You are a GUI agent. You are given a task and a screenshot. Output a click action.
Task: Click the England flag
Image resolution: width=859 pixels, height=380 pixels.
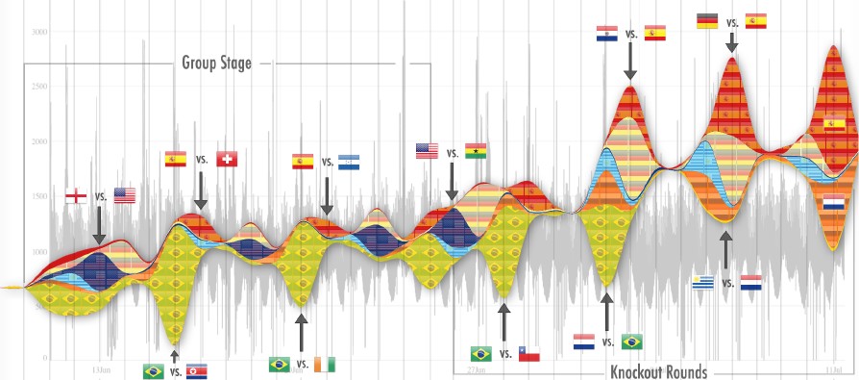click(x=76, y=196)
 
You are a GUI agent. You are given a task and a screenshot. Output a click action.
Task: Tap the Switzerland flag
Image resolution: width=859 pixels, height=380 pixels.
click(x=227, y=159)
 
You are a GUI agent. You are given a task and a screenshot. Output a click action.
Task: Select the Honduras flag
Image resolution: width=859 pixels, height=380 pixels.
click(x=349, y=163)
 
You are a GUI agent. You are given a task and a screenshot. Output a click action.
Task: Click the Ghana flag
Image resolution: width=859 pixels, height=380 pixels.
click(x=476, y=150)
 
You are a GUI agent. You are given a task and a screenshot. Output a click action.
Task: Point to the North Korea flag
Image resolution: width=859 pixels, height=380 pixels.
click(x=195, y=371)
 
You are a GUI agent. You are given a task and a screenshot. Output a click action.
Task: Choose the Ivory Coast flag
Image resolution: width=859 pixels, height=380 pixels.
click(x=327, y=365)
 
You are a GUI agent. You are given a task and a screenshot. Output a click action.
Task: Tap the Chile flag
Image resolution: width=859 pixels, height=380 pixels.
click(x=528, y=354)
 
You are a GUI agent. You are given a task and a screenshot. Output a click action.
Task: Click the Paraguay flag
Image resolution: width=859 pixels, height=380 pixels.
click(x=606, y=34)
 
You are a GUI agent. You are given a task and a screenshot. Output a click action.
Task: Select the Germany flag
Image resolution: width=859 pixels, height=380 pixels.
click(x=707, y=20)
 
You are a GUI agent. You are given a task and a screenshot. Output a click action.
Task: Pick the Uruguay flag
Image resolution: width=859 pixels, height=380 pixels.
click(x=703, y=282)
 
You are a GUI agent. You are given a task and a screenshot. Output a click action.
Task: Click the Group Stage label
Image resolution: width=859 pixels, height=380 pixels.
click(x=216, y=63)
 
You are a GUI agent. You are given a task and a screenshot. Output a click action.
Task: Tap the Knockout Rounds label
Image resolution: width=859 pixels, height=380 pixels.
click(x=657, y=371)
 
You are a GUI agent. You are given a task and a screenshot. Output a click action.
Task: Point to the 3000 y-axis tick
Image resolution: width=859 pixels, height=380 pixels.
click(x=39, y=33)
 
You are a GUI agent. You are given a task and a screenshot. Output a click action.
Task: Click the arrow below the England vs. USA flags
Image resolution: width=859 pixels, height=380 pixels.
click(x=100, y=226)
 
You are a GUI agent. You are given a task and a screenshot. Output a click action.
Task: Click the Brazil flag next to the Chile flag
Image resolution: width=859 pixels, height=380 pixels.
click(x=481, y=353)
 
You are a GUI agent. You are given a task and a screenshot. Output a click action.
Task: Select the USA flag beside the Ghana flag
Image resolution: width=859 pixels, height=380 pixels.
click(x=427, y=150)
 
